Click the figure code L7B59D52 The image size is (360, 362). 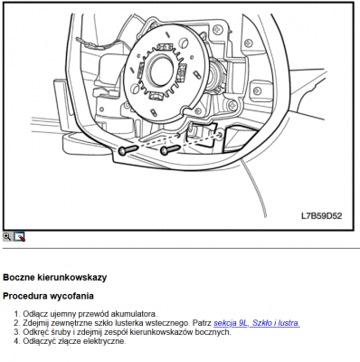click(x=322, y=216)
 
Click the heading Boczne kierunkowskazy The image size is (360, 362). click(x=55, y=278)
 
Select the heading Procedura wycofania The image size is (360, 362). click(x=48, y=296)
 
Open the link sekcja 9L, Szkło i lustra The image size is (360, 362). click(x=257, y=323)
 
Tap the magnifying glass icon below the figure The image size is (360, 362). click(x=7, y=236)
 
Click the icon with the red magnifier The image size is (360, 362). click(x=19, y=237)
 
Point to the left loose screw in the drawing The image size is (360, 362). click(x=128, y=149)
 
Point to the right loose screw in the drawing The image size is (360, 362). click(x=170, y=149)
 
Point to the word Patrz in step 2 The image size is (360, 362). click(x=202, y=323)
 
